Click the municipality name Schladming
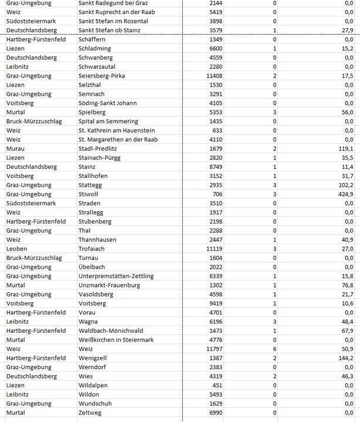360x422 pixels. pyautogui.click(x=95, y=49)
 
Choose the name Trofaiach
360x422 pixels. pyautogui.click(x=93, y=249)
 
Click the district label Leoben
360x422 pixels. pyautogui.click(x=16, y=249)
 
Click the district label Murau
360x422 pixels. pyautogui.click(x=16, y=149)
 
